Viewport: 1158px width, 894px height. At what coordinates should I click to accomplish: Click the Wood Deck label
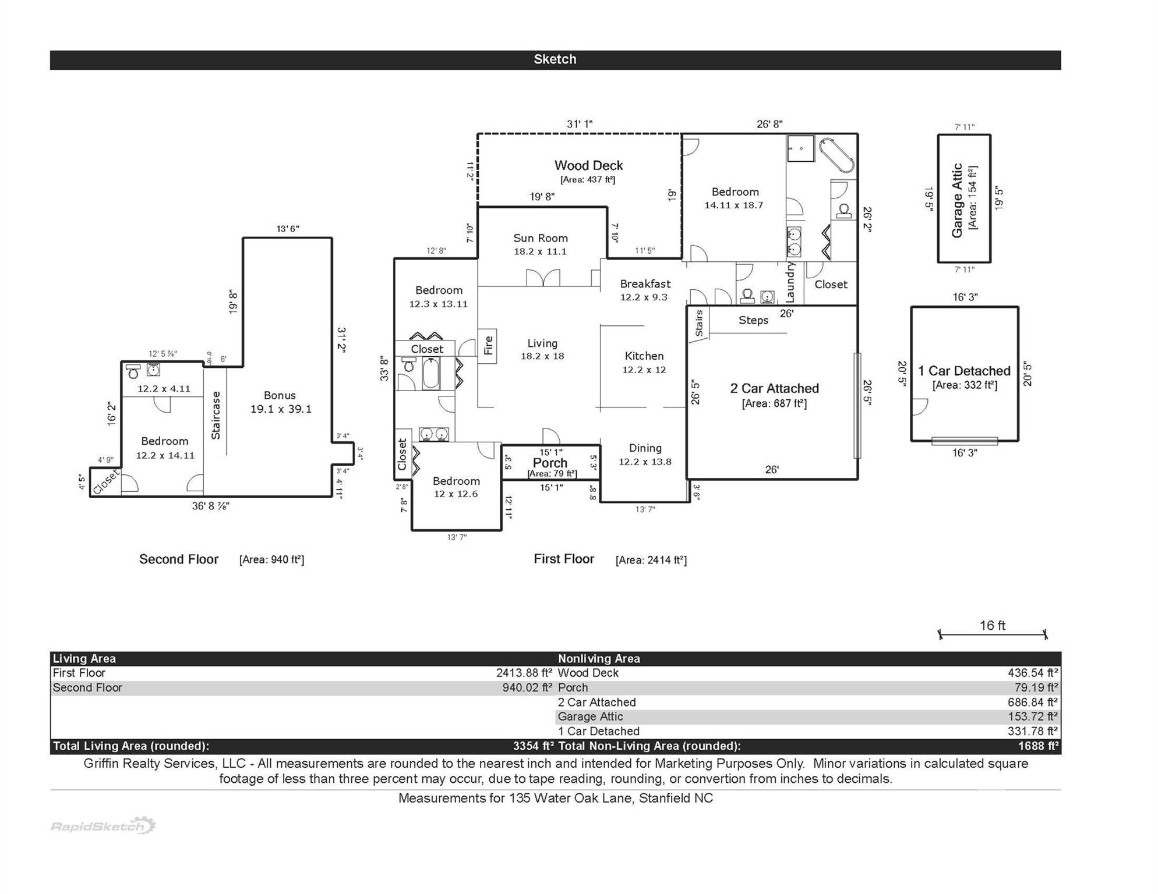point(588,166)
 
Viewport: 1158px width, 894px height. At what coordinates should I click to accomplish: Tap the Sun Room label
point(540,238)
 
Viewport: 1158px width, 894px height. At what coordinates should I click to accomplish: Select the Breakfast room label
point(645,284)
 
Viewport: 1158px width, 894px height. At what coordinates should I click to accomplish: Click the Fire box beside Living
point(488,346)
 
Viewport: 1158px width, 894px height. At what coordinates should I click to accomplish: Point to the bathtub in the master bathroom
point(836,155)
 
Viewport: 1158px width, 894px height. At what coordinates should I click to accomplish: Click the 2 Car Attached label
point(774,389)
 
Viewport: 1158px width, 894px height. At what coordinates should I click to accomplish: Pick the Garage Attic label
point(957,200)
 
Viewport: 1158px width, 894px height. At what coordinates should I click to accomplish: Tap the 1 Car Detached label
point(964,371)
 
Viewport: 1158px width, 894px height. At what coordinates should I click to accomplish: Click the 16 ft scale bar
point(993,634)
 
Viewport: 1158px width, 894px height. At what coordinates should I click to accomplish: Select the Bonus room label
point(280,396)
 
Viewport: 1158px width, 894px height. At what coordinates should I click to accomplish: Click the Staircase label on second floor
point(216,415)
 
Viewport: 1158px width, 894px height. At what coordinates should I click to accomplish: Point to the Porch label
point(550,463)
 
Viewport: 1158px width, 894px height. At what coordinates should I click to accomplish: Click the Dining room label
point(645,448)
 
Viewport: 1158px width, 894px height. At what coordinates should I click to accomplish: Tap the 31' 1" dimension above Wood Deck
point(580,124)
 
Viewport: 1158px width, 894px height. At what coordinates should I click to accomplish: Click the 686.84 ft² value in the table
point(1032,703)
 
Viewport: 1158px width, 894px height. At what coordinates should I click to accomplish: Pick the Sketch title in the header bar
point(555,59)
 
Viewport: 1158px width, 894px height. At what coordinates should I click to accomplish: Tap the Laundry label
point(790,282)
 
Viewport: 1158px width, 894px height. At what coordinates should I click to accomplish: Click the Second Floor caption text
point(178,559)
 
